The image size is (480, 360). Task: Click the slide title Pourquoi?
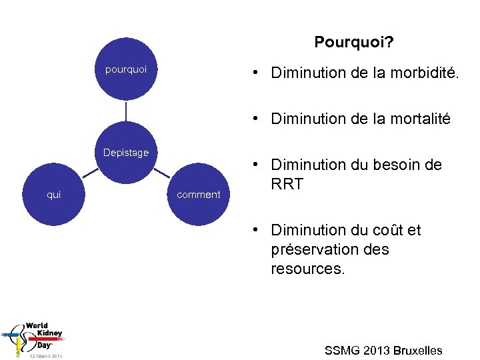(353, 43)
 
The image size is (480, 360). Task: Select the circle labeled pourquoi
(126, 69)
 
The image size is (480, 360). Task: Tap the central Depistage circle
(126, 153)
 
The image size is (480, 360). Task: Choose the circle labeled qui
(53, 195)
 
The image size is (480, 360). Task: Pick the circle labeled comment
(198, 195)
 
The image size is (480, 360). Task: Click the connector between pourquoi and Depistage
(126, 111)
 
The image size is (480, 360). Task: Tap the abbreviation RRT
(287, 184)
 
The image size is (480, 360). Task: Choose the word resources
(307, 269)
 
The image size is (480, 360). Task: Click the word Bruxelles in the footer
(418, 351)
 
